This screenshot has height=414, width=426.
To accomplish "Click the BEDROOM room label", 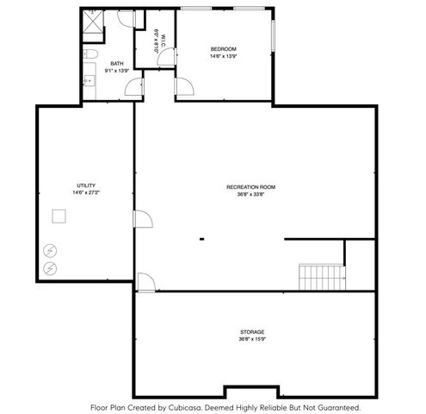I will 223,49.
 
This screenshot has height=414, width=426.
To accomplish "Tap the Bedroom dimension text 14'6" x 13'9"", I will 223,56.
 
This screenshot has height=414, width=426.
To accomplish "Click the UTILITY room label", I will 85,185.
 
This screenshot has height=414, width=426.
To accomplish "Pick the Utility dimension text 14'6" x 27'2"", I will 85,192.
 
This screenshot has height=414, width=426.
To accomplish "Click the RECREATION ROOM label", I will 251,187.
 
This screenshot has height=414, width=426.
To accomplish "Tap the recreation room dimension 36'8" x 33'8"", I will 251,194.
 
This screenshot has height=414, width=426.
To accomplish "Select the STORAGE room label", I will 252,332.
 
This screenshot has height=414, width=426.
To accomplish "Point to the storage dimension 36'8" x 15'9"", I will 252,339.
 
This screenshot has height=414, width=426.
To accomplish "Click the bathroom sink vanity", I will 88,80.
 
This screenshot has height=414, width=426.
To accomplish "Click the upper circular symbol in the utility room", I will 51,250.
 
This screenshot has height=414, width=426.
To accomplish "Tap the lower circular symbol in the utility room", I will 51,268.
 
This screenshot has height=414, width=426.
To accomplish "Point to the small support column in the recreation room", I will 201,239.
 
